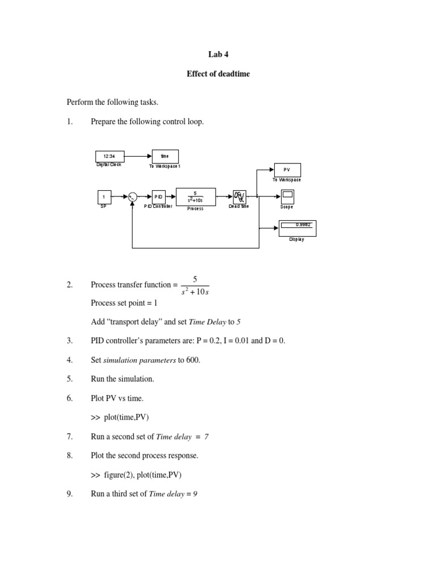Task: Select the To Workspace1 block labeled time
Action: click(165, 156)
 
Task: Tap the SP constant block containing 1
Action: click(104, 197)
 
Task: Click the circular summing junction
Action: click(132, 197)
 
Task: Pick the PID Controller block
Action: click(158, 197)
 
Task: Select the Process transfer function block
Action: click(195, 196)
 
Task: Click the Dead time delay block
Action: click(238, 196)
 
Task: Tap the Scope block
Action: click(287, 197)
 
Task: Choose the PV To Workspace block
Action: click(287, 170)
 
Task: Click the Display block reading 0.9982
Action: click(297, 228)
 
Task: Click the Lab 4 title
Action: click(218, 55)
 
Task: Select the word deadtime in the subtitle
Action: click(233, 74)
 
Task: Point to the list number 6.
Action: click(69, 399)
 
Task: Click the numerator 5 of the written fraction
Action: click(195, 278)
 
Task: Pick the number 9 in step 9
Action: click(195, 494)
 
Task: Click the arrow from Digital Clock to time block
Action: click(138, 156)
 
